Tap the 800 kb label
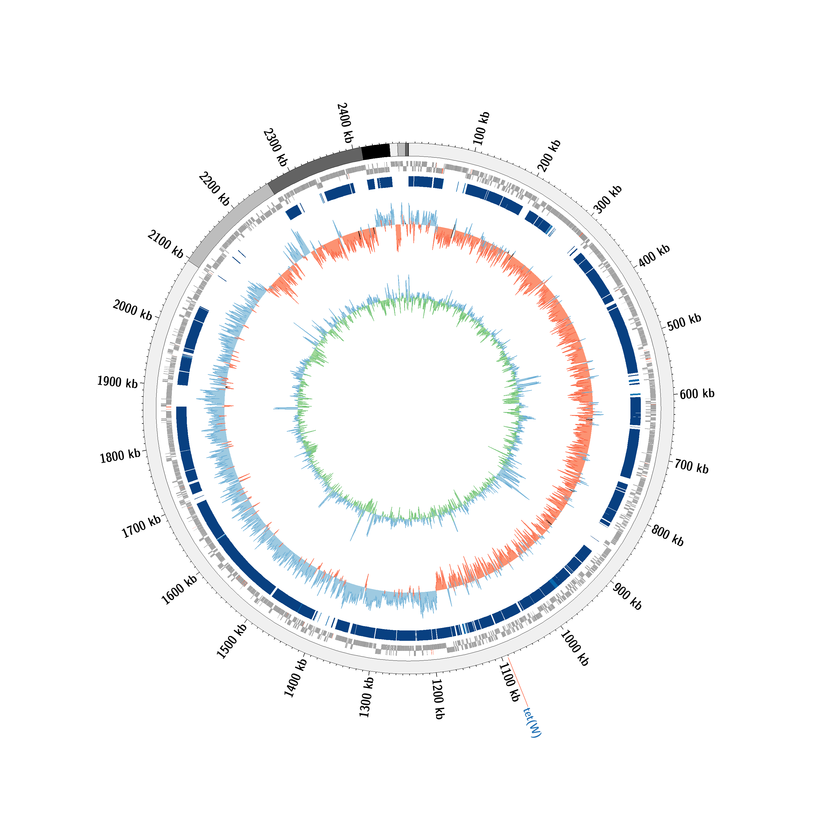pos(667,535)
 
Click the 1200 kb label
pos(438,699)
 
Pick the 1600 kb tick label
pos(179,590)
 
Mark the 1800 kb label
pos(120,456)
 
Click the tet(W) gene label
pos(532,722)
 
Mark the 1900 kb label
pos(118,382)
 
